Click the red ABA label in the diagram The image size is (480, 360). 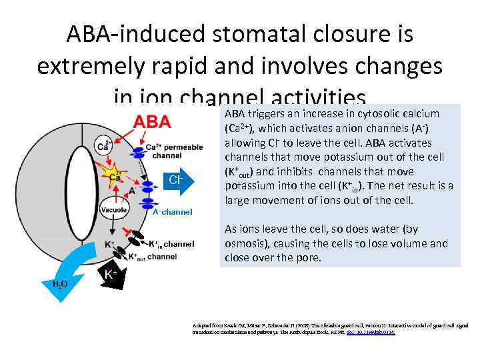click(x=153, y=122)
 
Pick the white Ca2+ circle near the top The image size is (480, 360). click(x=104, y=143)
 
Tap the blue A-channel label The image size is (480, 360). click(x=172, y=212)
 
